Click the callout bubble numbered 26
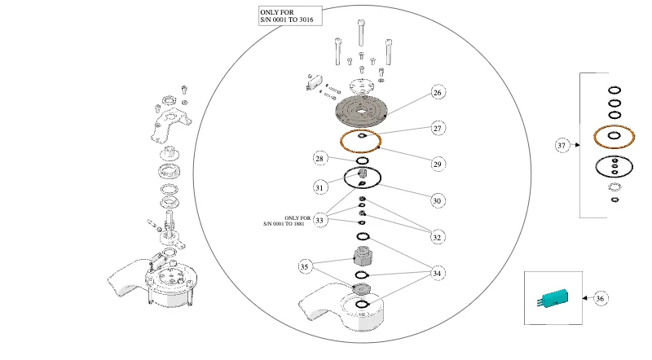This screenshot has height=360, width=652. point(438,92)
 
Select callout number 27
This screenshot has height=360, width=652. point(438,129)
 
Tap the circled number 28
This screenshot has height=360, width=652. point(319,158)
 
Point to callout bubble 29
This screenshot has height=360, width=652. point(438,165)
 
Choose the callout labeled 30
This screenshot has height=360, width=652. point(437,201)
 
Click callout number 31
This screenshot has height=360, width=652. point(319,187)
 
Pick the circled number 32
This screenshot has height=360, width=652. point(437,237)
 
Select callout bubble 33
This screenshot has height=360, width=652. point(319,220)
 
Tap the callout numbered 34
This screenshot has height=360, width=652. point(437,273)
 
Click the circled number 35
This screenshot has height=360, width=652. point(304,266)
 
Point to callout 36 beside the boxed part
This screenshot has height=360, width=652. point(600,298)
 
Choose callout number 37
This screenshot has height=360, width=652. point(562,145)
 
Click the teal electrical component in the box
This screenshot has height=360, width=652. point(553,299)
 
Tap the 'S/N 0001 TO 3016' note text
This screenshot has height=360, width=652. point(287,20)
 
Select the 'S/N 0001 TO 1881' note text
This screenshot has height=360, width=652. point(284,224)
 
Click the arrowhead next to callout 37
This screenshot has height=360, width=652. point(578,145)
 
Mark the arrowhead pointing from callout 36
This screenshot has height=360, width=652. point(585,298)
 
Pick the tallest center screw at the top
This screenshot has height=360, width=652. point(361,33)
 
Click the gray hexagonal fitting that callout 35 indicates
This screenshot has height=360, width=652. point(362,256)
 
